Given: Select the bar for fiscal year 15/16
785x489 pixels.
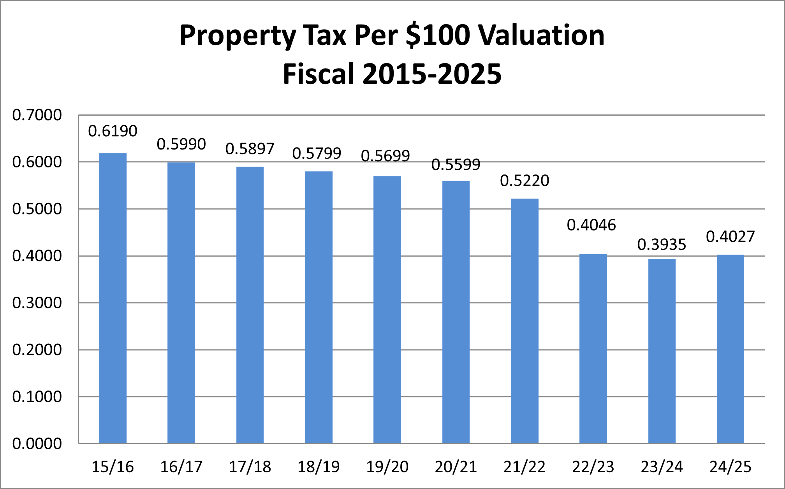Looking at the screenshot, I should (x=113, y=298).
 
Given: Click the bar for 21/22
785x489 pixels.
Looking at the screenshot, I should (x=525, y=321).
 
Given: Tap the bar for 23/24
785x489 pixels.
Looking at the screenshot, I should (x=662, y=351).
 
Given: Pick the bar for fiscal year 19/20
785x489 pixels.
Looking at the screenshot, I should (x=387, y=310).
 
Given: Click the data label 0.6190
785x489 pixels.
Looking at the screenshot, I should (x=113, y=131).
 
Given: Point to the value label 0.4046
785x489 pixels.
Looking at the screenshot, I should (x=591, y=225).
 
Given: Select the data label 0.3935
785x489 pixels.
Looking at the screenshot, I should (x=662, y=244).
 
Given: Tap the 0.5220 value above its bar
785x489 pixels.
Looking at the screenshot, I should (x=525, y=181).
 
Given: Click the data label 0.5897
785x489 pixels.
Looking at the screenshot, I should (x=250, y=149).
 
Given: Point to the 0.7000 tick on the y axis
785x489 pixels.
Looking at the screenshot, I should (x=37, y=115).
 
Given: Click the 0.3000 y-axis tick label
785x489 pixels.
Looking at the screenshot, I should (x=37, y=303).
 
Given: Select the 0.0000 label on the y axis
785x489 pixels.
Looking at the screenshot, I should (x=37, y=443).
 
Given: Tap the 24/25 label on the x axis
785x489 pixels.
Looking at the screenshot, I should (x=730, y=467).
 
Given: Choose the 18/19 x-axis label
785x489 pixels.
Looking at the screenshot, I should (x=319, y=467).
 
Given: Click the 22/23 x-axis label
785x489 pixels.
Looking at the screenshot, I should (x=593, y=467).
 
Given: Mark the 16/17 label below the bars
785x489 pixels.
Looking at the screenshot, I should (x=181, y=467).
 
